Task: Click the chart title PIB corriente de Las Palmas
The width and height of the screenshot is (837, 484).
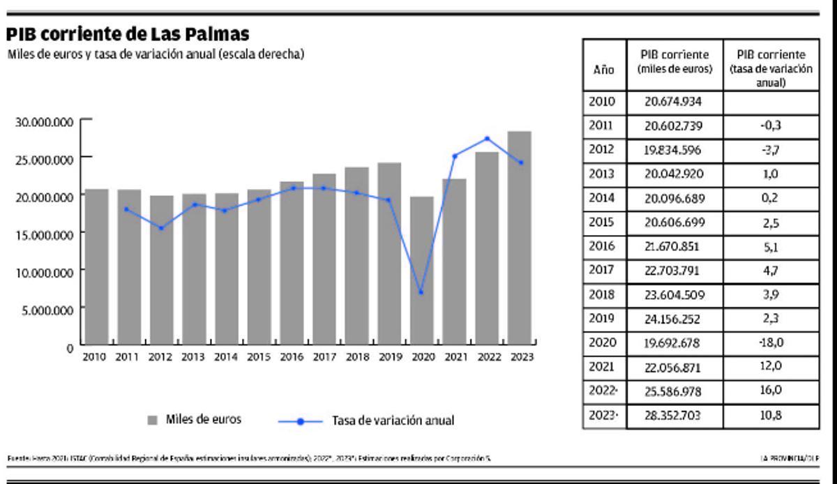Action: [128, 35]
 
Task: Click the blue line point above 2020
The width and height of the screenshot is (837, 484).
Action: [421, 292]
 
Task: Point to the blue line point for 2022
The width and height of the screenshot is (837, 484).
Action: [487, 139]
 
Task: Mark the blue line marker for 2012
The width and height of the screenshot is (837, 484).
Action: [161, 228]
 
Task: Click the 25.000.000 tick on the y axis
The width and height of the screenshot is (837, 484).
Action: [44, 159]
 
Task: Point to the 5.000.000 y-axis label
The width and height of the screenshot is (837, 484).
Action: [47, 310]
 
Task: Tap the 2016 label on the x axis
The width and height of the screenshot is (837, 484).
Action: [292, 357]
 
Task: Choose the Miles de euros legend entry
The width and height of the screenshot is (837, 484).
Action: [195, 420]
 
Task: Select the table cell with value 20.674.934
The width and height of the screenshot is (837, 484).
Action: [673, 102]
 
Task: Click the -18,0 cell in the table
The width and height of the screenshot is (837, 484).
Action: [771, 343]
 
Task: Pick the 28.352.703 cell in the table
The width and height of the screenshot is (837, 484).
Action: [673, 416]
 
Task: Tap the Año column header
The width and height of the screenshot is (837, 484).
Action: [603, 70]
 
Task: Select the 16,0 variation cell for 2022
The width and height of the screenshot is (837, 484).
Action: [771, 391]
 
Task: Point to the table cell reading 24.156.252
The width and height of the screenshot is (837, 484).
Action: [673, 319]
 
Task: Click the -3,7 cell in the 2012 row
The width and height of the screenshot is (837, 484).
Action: [771, 150]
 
